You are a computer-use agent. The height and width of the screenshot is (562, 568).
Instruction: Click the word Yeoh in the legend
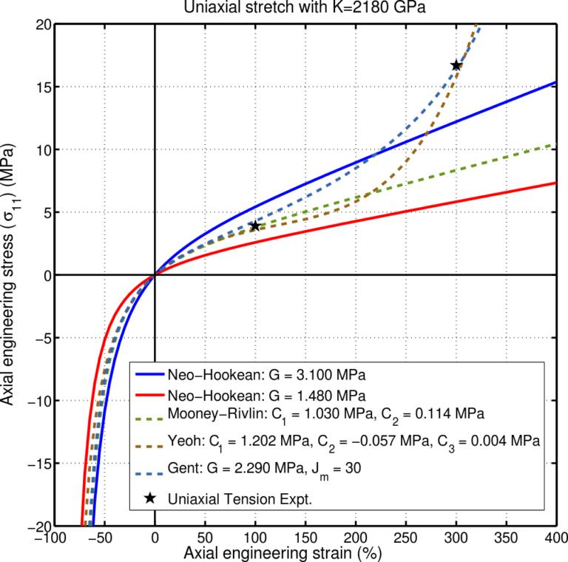(180, 441)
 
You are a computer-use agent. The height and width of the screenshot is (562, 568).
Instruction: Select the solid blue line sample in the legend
(149, 372)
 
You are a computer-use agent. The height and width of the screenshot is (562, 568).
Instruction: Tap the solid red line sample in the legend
(149, 394)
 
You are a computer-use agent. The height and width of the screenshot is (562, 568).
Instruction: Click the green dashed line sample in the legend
(149, 418)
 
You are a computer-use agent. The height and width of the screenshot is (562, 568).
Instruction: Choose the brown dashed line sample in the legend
(149, 446)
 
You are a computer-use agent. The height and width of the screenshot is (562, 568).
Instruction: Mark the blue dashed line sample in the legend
(149, 473)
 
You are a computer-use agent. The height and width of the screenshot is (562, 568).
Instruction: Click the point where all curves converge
(154, 275)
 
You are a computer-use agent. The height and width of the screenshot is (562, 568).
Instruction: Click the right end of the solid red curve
(555, 183)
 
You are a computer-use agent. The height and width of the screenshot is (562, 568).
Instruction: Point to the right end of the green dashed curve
(555, 144)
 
